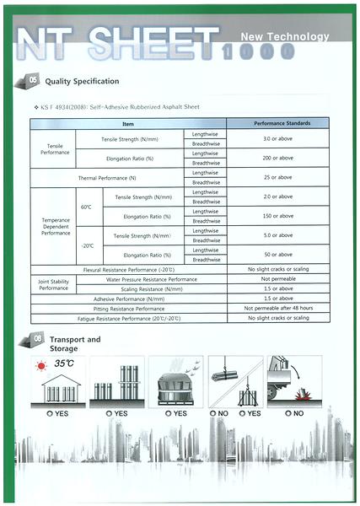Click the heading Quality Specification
pyautogui.click(x=82, y=81)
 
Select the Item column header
pyautogui.click(x=128, y=124)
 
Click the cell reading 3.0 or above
pyautogui.click(x=277, y=138)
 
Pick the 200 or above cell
pyautogui.click(x=277, y=158)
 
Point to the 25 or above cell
pyautogui.click(x=277, y=177)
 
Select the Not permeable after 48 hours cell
pyautogui.click(x=277, y=309)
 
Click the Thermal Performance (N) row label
pyautogui.click(x=107, y=177)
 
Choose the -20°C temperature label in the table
pyautogui.click(x=86, y=245)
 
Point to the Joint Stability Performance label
pyautogui.click(x=53, y=283)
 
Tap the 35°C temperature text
pyautogui.click(x=65, y=364)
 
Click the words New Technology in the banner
pyautogui.click(x=285, y=38)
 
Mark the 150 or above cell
pyautogui.click(x=277, y=216)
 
